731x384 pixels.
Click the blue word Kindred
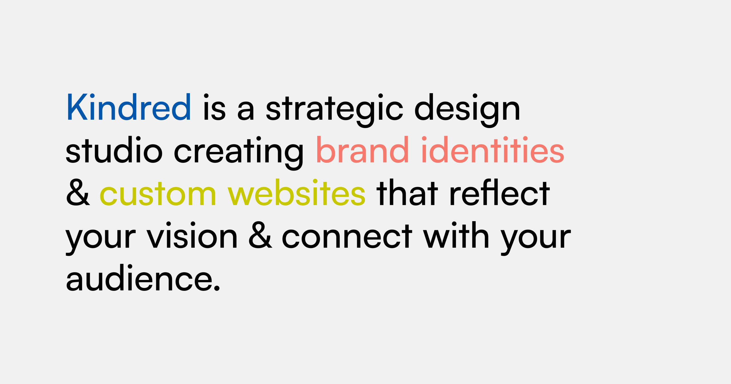(x=129, y=107)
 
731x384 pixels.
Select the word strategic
(x=334, y=110)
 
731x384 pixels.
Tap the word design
(x=467, y=110)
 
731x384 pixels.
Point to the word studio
(x=114, y=149)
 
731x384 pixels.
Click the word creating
(x=239, y=153)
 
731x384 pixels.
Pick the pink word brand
(x=362, y=149)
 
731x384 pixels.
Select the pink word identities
(x=493, y=149)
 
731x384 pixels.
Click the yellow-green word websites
(x=296, y=192)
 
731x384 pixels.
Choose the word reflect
(x=500, y=192)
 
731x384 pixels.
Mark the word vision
(x=192, y=235)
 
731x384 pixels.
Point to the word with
(x=456, y=235)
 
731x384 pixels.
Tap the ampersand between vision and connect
(x=260, y=235)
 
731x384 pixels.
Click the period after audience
(x=217, y=288)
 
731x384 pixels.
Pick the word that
(x=407, y=192)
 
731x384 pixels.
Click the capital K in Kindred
(x=77, y=107)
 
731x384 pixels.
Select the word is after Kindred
(x=214, y=107)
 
